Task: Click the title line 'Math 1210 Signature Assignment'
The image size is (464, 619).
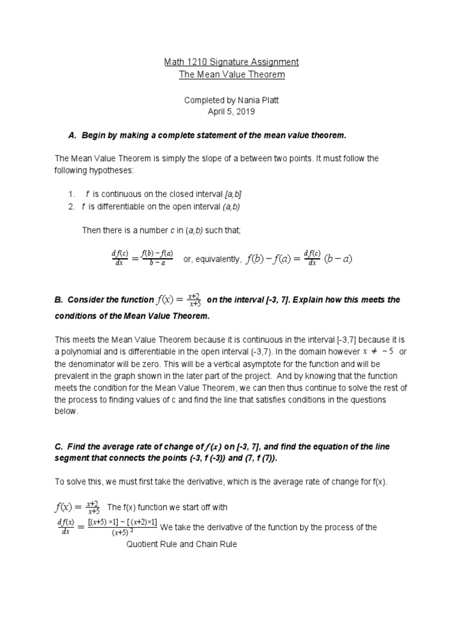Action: pos(232,62)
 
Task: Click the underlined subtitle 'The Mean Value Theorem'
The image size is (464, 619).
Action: pos(232,75)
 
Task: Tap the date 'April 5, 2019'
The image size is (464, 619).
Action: pos(232,112)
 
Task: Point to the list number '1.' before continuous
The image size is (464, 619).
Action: pos(72,193)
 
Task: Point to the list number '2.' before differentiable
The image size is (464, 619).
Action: pos(72,206)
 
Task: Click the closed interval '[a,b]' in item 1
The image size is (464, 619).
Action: pos(236,193)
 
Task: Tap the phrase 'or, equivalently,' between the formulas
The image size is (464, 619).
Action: pos(212,259)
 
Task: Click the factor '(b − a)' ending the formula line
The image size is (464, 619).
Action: pos(338,259)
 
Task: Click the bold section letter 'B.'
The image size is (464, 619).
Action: pos(59,300)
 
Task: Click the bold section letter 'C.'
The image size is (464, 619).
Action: pos(59,446)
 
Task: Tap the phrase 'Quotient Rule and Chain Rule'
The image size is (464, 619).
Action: pos(181,544)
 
